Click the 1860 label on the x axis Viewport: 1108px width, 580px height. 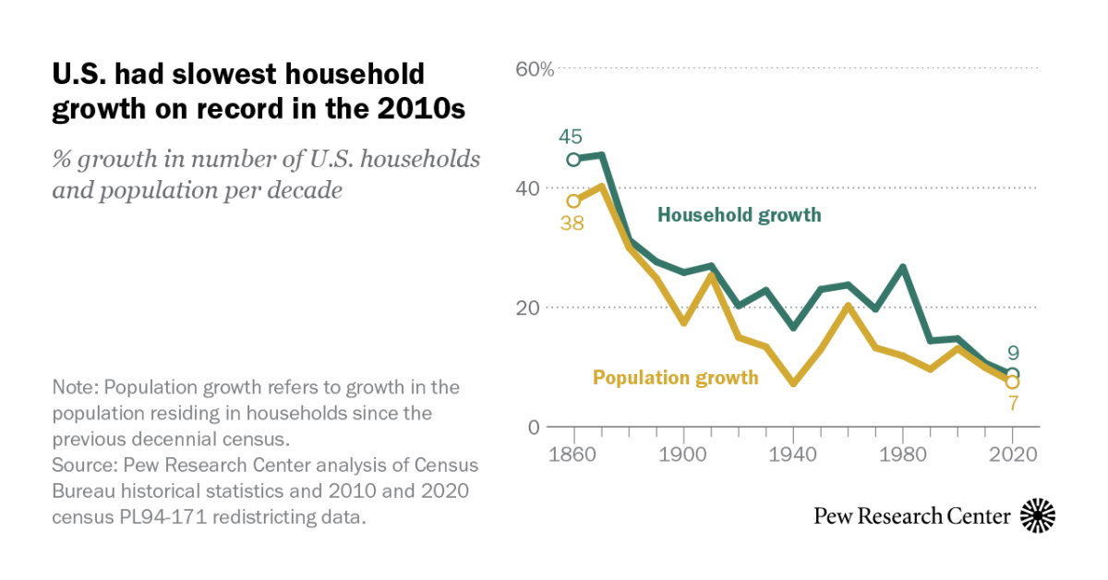click(573, 454)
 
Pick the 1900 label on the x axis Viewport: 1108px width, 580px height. click(682, 454)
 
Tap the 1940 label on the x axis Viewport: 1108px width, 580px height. click(792, 454)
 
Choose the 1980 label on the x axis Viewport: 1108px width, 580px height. click(902, 454)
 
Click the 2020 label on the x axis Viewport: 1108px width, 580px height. click(1012, 454)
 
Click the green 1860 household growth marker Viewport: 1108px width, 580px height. click(573, 159)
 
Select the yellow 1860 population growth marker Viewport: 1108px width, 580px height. click(573, 200)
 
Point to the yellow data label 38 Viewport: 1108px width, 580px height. click(572, 223)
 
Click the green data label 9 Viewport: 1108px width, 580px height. click(1012, 352)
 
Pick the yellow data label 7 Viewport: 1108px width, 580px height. click(1012, 404)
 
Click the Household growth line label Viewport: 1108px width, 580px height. click(739, 215)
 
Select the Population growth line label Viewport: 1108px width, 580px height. click(675, 377)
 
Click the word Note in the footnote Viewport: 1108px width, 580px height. click(73, 387)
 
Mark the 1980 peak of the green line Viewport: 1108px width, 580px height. click(902, 267)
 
